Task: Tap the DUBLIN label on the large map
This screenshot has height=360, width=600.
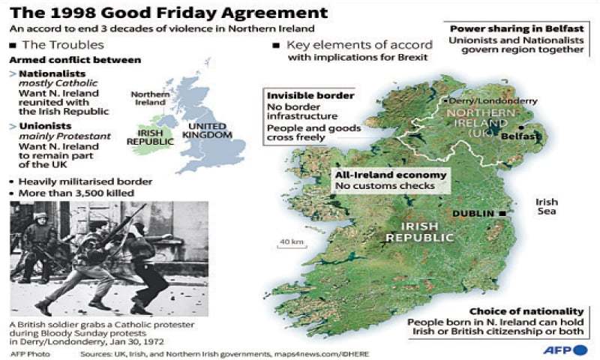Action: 472,214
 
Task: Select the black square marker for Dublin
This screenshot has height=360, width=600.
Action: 501,214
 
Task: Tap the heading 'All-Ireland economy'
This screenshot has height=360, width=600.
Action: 391,175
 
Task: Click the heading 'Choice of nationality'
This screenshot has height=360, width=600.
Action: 526,311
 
